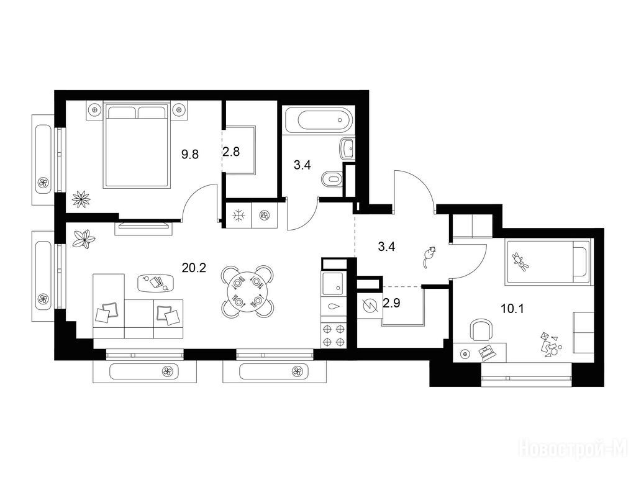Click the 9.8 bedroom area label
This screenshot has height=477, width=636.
tap(190, 154)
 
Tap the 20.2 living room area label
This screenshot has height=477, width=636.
tap(194, 268)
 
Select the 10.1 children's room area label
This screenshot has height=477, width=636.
tap(512, 309)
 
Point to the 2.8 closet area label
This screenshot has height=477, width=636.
tap(231, 152)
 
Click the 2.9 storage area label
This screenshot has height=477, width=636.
tap(391, 303)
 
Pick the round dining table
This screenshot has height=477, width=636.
tap(247, 291)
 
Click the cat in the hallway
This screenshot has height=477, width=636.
tap(429, 257)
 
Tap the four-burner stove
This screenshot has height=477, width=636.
tap(334, 335)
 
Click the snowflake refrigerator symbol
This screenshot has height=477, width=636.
tap(238, 216)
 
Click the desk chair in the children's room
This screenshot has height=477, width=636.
tap(481, 330)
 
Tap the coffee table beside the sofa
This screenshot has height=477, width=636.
tap(156, 283)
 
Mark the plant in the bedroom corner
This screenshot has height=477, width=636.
tap(81, 199)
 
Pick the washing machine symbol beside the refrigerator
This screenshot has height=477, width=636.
tap(264, 216)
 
